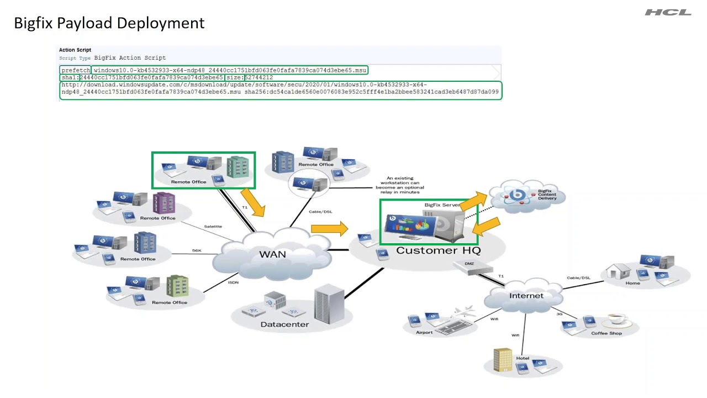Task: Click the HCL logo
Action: (x=668, y=12)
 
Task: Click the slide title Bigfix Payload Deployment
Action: (x=109, y=23)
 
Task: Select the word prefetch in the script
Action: (x=75, y=70)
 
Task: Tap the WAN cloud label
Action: (x=272, y=254)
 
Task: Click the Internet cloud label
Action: (x=526, y=296)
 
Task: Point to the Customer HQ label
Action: (x=438, y=250)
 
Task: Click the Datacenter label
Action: (x=284, y=324)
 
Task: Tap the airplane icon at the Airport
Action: (x=464, y=311)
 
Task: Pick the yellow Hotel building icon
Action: (x=503, y=359)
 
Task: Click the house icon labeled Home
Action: (x=618, y=271)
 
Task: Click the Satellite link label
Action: (x=213, y=226)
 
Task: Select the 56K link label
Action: (x=197, y=250)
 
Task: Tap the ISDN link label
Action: (x=233, y=282)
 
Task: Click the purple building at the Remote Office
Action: (x=163, y=203)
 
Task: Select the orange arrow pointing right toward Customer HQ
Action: (x=329, y=228)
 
